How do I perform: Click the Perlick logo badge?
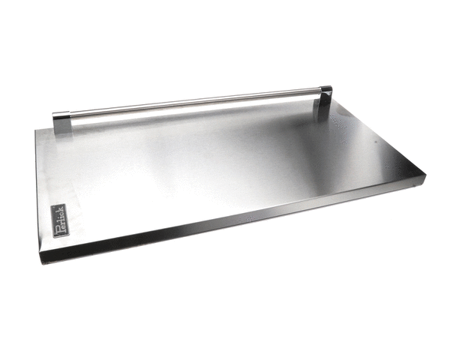tap(61, 221)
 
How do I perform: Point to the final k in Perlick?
tap(61, 209)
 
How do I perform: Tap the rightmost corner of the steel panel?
tap(425, 176)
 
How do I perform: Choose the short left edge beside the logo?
tap(37, 195)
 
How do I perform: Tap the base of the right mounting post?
tap(324, 116)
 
